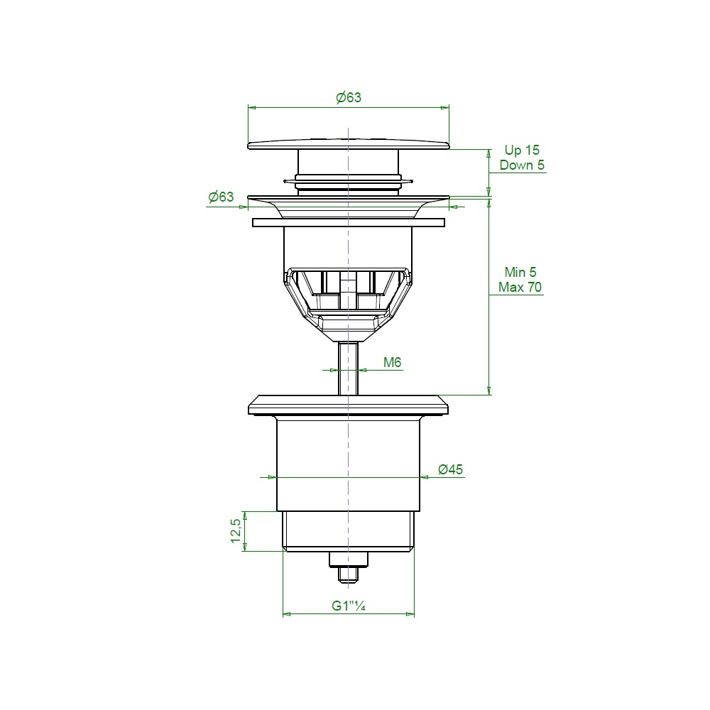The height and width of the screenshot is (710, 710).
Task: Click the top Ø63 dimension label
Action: point(349,97)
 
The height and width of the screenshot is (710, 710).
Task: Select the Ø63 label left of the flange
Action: point(221,197)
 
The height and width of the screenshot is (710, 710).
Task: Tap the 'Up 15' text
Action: point(522,150)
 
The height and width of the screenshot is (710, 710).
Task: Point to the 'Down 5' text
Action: point(522,165)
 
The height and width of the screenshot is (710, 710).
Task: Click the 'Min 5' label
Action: point(520,272)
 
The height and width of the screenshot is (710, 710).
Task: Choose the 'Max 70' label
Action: point(520,287)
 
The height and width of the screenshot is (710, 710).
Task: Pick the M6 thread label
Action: point(392,362)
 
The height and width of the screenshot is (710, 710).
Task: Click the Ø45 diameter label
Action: point(451,469)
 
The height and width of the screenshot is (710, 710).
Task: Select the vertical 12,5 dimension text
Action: point(236,530)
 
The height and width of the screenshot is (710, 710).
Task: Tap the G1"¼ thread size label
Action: point(348,606)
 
